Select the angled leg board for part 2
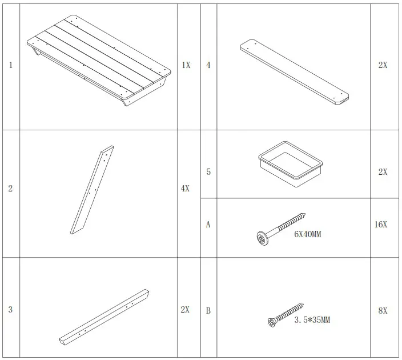pyautogui.click(x=91, y=190)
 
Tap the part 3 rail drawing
pyautogui.click(x=104, y=316)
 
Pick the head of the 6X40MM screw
pyautogui.click(x=262, y=237)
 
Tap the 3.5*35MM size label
pyautogui.click(x=312, y=320)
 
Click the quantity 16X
pyautogui.click(x=381, y=225)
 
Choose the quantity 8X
pyautogui.click(x=383, y=311)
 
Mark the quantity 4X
pyautogui.click(x=185, y=188)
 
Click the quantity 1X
pyautogui.click(x=186, y=65)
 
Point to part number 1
pyautogui.click(x=10, y=65)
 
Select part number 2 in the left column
pyautogui.click(x=10, y=188)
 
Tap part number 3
pyautogui.click(x=10, y=310)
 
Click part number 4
pyautogui.click(x=208, y=65)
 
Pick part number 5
pyautogui.click(x=208, y=171)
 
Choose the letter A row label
pyautogui.click(x=208, y=225)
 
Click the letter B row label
pyautogui.click(x=208, y=311)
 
